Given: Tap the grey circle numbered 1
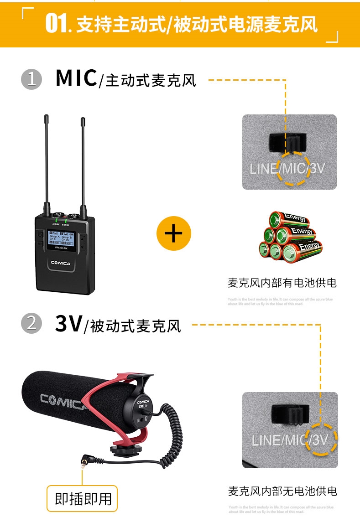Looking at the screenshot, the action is [x=31, y=79].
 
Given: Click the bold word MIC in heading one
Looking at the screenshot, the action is [x=76, y=78].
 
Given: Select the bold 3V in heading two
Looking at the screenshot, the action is [x=68, y=323].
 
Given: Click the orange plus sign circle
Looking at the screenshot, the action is [x=173, y=234].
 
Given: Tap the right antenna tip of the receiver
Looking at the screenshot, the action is [x=83, y=121].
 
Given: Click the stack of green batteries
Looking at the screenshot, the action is [x=290, y=237].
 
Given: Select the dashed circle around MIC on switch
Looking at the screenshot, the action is [x=294, y=168].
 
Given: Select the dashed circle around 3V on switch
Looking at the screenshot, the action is [x=321, y=439].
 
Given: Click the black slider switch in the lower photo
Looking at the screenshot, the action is [x=290, y=414].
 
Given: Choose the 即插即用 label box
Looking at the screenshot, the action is [x=83, y=498].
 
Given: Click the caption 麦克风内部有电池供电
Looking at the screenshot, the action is [x=282, y=283].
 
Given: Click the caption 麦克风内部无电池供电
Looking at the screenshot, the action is [x=282, y=491].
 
